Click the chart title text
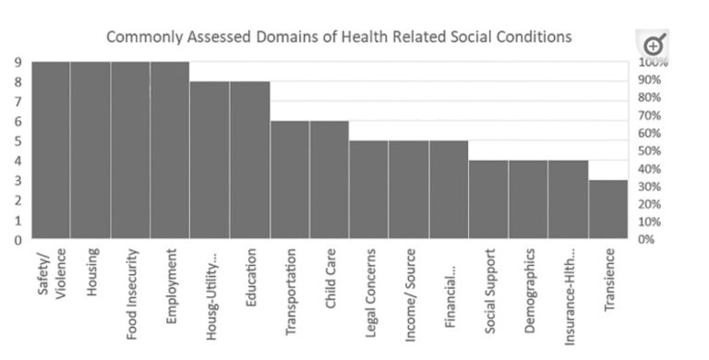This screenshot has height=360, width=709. click(339, 37)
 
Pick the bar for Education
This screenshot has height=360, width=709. click(249, 161)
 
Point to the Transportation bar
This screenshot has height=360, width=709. click(290, 180)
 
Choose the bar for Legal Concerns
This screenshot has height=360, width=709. click(369, 190)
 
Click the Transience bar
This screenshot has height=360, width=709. click(608, 210)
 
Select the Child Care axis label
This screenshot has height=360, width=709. click(330, 274)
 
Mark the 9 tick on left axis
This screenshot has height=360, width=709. click(18, 62)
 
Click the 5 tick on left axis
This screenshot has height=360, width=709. click(18, 141)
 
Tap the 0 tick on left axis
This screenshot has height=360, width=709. click(18, 240)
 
